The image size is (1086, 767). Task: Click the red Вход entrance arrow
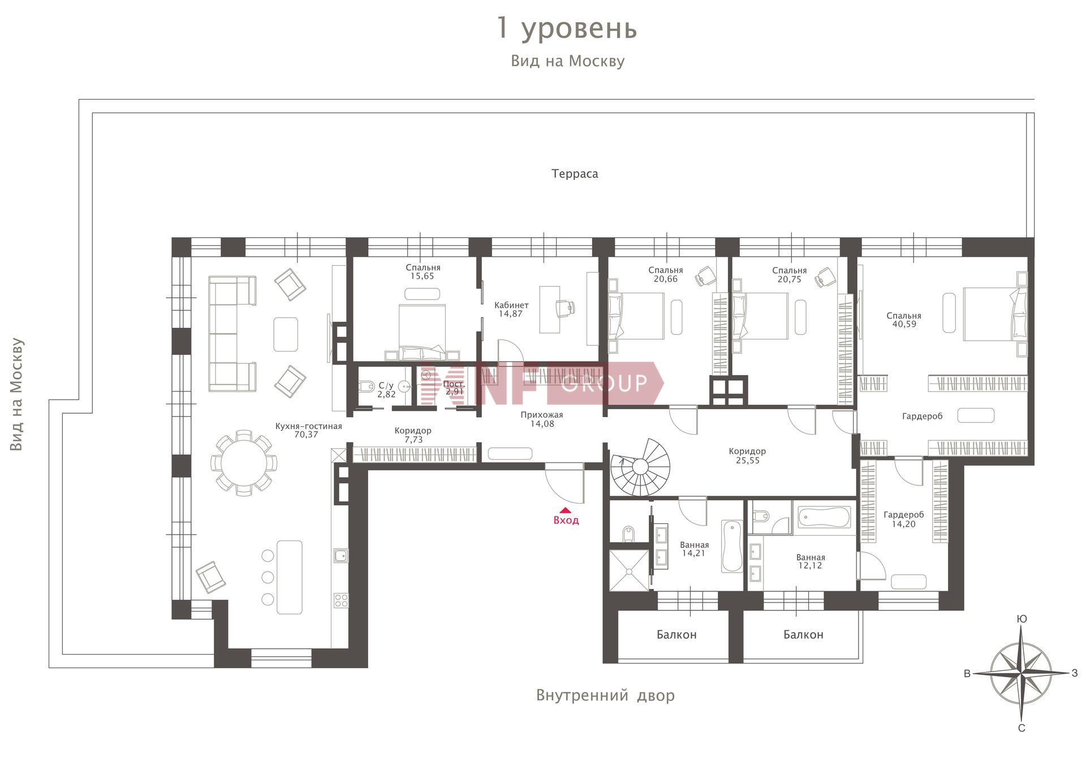[564, 510]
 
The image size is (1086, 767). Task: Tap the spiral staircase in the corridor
[640, 467]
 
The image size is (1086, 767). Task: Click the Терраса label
[575, 174]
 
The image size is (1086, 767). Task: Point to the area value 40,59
[904, 324]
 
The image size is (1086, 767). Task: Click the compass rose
[1021, 673]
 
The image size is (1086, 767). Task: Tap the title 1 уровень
[567, 28]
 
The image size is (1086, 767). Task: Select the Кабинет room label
[511, 305]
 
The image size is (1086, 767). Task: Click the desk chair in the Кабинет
[565, 307]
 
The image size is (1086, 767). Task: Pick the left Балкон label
[676, 635]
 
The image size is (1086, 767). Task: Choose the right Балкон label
[803, 635]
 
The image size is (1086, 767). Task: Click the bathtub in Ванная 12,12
[824, 517]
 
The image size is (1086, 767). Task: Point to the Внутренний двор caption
[605, 695]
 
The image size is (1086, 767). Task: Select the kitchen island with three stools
[289, 577]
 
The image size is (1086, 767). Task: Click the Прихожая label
[542, 415]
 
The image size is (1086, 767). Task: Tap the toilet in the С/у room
[367, 387]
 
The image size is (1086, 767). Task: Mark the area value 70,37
[307, 435]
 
